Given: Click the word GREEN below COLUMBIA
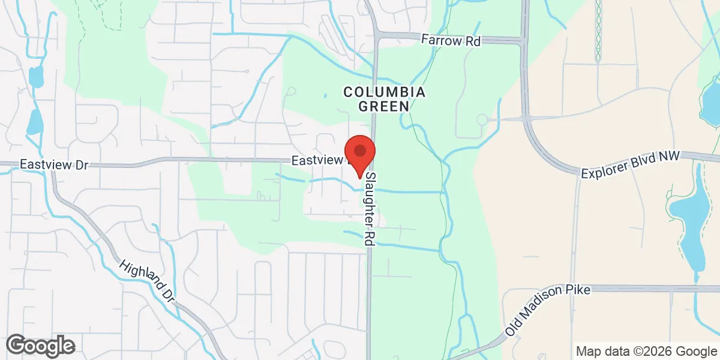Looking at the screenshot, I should (384, 106).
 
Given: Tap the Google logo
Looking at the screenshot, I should (41, 346).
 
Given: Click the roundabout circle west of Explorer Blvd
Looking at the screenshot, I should (481, 120).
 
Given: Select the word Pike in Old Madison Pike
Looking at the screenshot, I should (580, 292).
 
